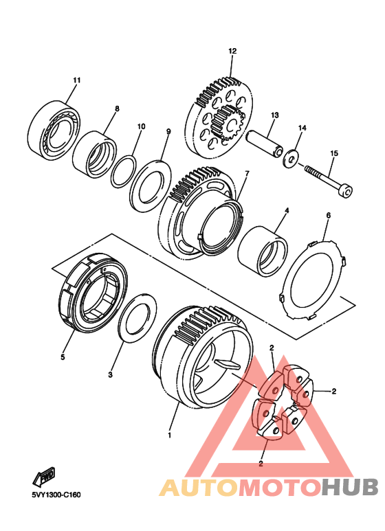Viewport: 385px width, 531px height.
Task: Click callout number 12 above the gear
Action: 232,51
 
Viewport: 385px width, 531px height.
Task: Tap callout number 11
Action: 77,80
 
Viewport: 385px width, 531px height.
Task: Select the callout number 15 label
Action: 334,153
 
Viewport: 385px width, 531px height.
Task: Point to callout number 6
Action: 328,216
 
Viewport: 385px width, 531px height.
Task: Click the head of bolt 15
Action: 346,191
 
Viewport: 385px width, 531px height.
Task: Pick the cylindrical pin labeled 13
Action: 263,144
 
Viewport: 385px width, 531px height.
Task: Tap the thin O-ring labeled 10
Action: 124,171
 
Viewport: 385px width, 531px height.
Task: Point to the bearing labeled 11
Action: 54,130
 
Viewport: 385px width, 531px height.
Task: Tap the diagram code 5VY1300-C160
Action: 56,495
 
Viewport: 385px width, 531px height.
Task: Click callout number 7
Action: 247,174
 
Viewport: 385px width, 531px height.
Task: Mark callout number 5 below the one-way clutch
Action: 63,357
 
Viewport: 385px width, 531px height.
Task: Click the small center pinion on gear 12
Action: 227,123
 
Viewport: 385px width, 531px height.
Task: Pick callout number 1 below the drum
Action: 169,435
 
